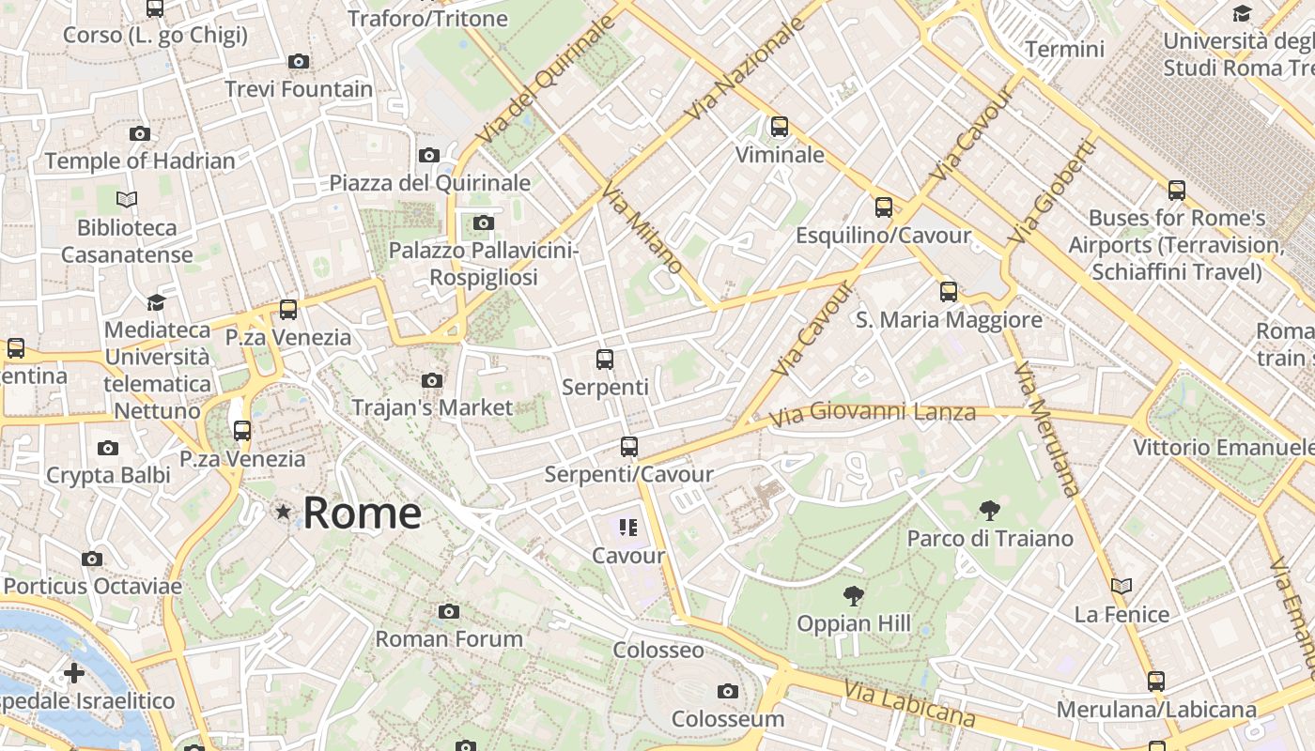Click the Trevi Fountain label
pos(299,89)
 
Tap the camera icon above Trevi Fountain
pos(299,62)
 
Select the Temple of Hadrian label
pos(140,161)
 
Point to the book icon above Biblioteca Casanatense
pos(127,199)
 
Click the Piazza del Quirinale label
pos(430,183)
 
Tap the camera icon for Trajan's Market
pos(432,380)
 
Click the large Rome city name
pos(362,513)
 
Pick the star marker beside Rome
pos(283,513)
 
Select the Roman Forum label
pos(449,639)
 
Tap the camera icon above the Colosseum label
pos(727,692)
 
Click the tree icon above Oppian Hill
pos(854,595)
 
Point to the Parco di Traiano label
pos(990,539)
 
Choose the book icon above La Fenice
pos(1122,587)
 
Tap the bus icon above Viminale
pos(780,127)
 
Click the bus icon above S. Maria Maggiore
pos(949,292)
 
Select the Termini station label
pos(1065,49)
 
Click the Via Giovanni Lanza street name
pos(873,412)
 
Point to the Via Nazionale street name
pos(746,69)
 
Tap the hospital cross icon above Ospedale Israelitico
pos(74,673)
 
